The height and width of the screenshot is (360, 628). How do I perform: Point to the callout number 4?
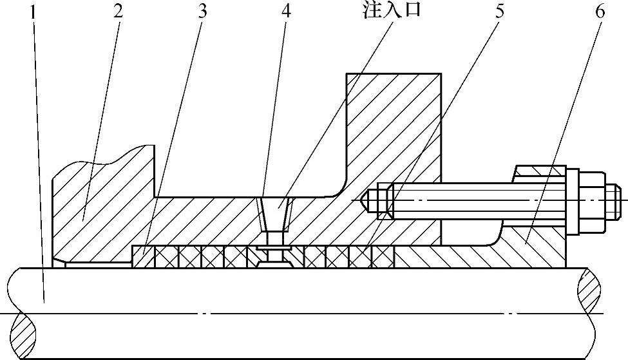(285, 12)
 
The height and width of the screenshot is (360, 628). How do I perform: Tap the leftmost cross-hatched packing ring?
(167, 258)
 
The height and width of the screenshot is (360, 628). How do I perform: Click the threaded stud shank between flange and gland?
(477, 201)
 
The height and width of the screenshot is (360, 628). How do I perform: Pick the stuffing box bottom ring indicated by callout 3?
(142, 258)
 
